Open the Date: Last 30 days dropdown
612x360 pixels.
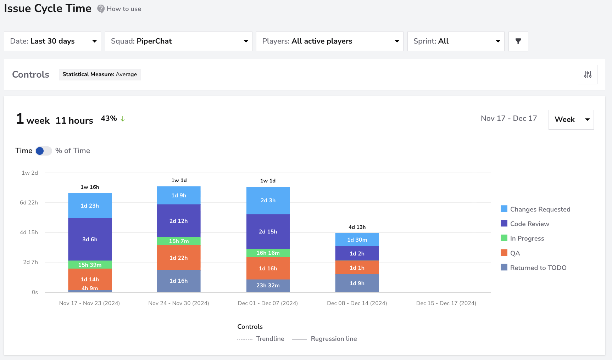pos(52,41)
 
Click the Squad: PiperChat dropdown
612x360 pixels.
pos(178,41)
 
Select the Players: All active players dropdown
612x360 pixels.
pos(329,41)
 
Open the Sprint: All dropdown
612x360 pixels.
pos(456,41)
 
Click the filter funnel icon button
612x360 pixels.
pos(518,41)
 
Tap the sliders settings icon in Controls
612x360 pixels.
pos(588,74)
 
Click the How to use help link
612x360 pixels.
pos(119,9)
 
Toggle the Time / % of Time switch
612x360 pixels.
pos(44,151)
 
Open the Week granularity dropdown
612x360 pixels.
pos(571,119)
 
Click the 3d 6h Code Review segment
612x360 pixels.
pos(90,239)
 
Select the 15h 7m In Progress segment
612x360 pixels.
pos(179,241)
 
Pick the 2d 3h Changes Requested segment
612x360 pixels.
pos(268,201)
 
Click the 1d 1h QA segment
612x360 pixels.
pos(357,268)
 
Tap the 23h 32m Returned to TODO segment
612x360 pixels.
pos(268,286)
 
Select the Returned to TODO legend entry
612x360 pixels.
pos(533,268)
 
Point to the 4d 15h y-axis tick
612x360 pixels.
pos(29,232)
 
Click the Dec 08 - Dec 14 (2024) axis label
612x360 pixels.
pos(357,303)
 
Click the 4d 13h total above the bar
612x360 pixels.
pos(357,227)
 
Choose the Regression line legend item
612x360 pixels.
pos(324,339)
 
